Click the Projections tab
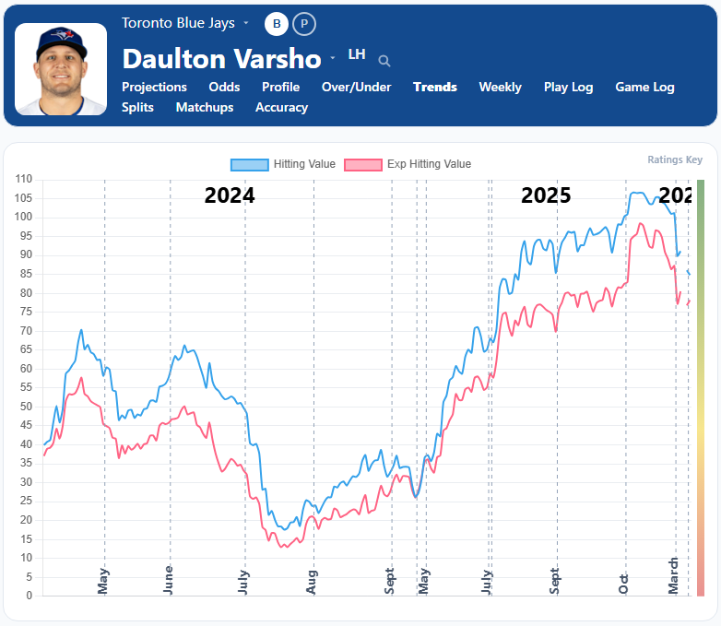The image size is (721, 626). tap(154, 87)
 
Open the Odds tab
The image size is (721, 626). tap(224, 87)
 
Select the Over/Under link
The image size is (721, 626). tap(356, 87)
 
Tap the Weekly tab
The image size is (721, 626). tap(500, 87)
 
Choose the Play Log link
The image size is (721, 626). tap(568, 87)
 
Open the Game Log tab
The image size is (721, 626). tap(644, 87)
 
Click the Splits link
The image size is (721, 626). tap(138, 107)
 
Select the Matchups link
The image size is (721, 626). tap(205, 107)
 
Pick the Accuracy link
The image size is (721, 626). tap(281, 107)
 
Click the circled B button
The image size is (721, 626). tap(276, 24)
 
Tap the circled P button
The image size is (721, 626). tap(303, 24)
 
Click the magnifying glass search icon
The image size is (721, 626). tap(384, 61)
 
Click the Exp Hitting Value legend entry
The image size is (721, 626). tap(408, 164)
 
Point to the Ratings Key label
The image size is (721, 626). tap(675, 159)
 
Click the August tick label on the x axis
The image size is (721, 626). tap(313, 583)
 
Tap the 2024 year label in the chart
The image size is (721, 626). tap(230, 195)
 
